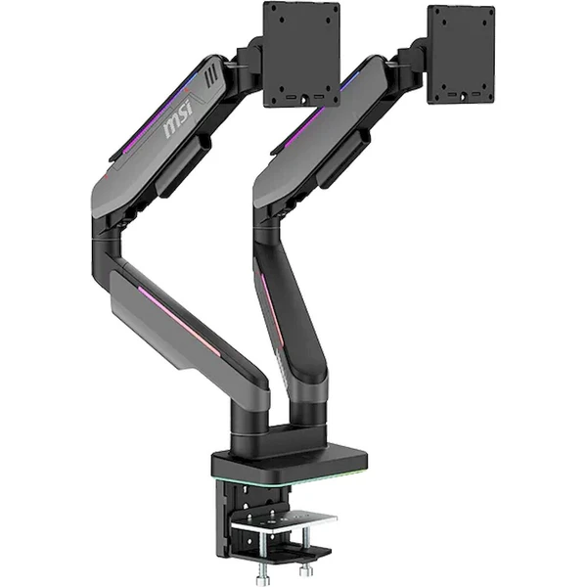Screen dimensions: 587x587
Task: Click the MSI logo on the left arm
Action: [x=179, y=116]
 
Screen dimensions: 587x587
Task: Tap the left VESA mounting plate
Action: [x=301, y=54]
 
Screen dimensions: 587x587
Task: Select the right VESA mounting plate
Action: [x=461, y=55]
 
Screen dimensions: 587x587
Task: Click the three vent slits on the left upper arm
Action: [x=211, y=77]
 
